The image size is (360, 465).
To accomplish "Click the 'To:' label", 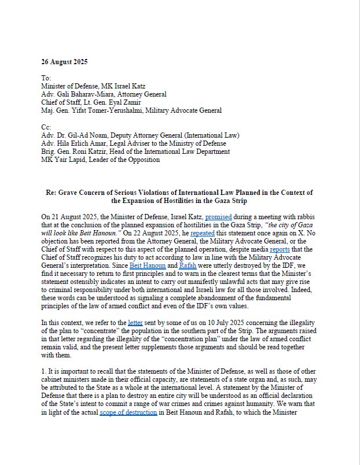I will tap(46, 77).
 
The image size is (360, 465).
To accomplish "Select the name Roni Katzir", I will tap(96, 152).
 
